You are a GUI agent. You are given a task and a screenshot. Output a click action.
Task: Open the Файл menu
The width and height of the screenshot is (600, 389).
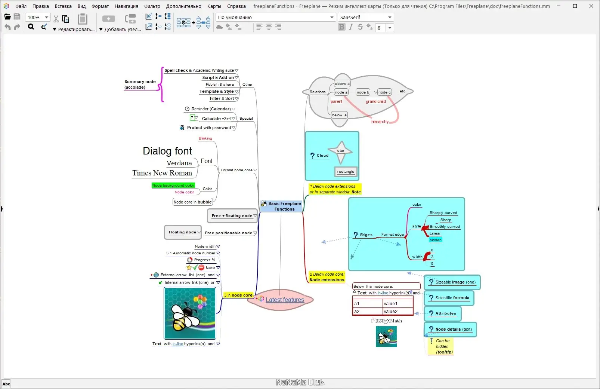click(21, 6)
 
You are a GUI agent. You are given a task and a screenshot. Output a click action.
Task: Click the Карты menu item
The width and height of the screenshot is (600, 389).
click(214, 6)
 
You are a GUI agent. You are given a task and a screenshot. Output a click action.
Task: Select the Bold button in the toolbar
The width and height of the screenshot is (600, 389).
click(341, 27)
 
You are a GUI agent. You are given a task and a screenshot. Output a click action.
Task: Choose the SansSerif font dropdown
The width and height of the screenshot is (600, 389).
click(365, 17)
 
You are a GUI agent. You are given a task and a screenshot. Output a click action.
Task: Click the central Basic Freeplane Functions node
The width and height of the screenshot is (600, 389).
click(284, 206)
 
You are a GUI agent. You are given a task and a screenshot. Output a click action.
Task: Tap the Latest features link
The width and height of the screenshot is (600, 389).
click(285, 300)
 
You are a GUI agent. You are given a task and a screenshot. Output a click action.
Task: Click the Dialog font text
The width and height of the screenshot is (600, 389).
click(167, 151)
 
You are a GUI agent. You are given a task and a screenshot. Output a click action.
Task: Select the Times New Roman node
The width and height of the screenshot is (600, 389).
click(162, 173)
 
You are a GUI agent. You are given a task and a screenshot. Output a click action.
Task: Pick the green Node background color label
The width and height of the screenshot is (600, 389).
click(173, 185)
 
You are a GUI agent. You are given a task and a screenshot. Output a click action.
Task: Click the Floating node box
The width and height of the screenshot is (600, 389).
click(182, 232)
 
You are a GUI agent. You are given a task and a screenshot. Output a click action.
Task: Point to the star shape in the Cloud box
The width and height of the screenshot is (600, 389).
click(341, 151)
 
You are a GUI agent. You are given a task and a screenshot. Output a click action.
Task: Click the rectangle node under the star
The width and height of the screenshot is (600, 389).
click(345, 172)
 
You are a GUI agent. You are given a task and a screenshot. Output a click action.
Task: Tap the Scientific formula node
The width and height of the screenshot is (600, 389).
click(452, 298)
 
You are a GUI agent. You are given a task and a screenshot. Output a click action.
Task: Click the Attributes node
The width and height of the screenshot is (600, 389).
click(445, 313)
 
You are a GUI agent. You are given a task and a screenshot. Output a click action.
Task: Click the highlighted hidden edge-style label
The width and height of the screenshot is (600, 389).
click(435, 240)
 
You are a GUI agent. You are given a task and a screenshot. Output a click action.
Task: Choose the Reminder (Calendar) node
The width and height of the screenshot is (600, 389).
click(211, 109)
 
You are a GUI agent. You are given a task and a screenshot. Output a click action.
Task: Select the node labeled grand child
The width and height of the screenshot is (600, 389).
click(375, 101)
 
